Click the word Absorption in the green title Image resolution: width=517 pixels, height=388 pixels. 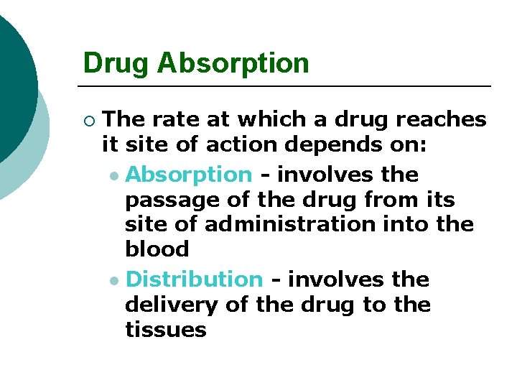click(233, 63)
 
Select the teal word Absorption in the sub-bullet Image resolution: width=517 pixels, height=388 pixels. click(189, 175)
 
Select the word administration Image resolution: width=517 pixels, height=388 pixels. click(289, 224)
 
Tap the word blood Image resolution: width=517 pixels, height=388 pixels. click(157, 249)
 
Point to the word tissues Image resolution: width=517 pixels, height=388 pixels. click(165, 330)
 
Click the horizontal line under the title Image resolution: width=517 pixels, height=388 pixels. click(287, 86)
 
